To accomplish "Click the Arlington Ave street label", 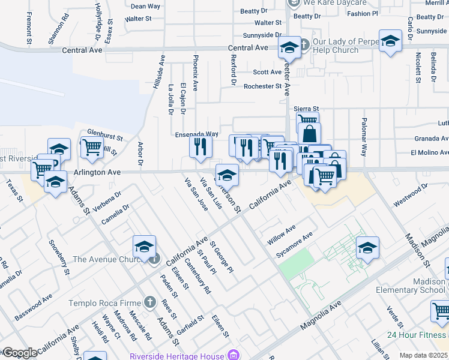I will [97, 172].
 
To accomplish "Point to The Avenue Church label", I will [106, 259].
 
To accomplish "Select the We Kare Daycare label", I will [325, 3].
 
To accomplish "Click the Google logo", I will [19, 353].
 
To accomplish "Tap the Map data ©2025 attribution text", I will [423, 355].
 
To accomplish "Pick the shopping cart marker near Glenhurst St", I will [92, 146].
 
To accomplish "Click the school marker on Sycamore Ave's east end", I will [367, 247].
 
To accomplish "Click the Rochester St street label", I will [262, 86].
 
